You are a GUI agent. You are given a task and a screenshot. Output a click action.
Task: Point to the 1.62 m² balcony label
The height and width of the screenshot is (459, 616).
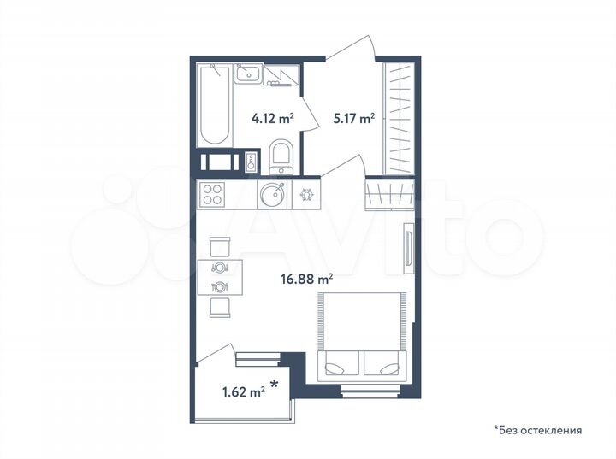(243, 393)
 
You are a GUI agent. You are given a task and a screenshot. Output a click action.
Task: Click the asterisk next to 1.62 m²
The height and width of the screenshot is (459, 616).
(275, 385)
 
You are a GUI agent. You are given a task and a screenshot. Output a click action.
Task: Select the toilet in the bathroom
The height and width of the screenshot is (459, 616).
(280, 157)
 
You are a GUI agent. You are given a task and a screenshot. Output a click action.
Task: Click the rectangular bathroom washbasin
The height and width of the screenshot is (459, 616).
(248, 72)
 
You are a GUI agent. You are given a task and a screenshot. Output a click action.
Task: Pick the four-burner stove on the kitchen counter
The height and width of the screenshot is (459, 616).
(212, 194)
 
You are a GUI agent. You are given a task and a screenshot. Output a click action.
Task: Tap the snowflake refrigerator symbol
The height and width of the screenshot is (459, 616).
(306, 194)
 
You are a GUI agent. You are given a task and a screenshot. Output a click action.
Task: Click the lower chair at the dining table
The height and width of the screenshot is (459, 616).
(220, 308)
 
